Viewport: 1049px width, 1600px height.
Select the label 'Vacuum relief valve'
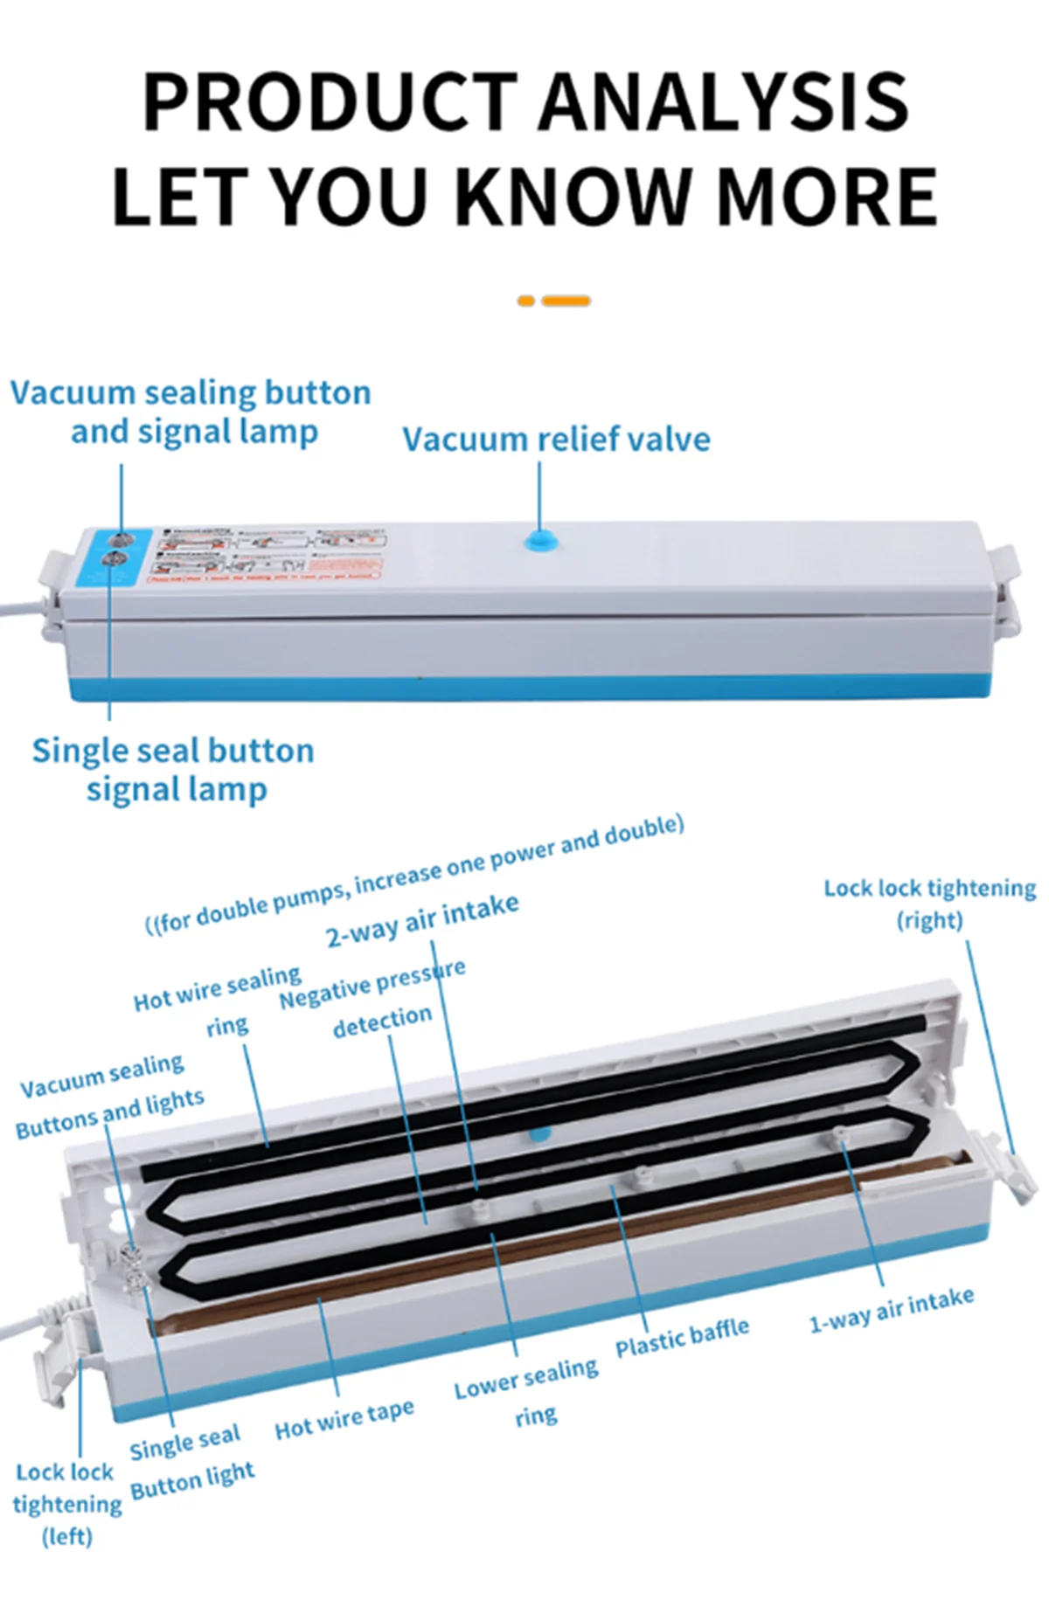pos(556,439)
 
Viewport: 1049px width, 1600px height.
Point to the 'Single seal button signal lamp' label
pos(174,769)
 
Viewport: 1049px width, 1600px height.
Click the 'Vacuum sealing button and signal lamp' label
pos(191,412)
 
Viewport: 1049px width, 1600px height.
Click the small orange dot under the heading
pos(525,301)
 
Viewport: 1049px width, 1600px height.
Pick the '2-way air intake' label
pos(422,920)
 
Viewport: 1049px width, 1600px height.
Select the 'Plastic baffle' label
pos(682,1337)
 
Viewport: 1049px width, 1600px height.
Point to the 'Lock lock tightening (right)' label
pos(929,904)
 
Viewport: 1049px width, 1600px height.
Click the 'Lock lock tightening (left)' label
pos(66,1503)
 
